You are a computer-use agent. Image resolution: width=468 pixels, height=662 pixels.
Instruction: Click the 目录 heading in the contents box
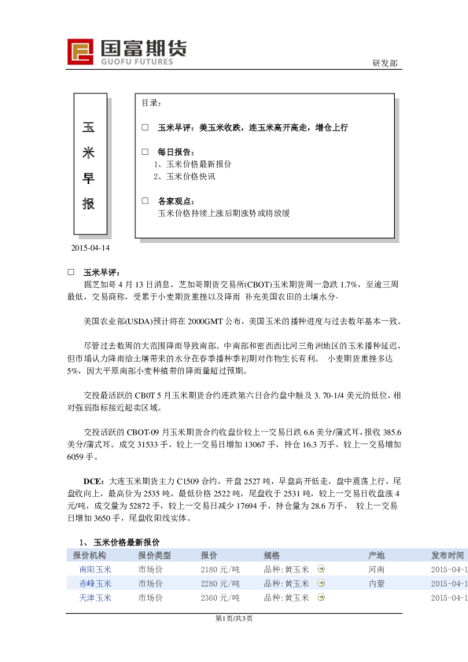[152, 103]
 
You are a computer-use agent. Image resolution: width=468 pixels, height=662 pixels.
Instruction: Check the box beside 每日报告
[145, 152]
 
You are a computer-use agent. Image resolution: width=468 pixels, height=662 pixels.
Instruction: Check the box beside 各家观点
[145, 200]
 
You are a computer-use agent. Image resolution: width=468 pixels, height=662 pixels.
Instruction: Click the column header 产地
[376, 556]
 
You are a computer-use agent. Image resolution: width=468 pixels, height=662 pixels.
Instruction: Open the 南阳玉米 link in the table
[95, 569]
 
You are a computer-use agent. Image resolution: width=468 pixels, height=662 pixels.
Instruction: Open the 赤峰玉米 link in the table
[95, 583]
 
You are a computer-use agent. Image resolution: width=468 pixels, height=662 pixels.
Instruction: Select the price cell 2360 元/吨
[219, 598]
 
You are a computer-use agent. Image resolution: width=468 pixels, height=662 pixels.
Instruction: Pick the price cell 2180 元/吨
[219, 569]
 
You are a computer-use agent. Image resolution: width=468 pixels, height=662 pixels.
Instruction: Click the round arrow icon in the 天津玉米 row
[321, 598]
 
